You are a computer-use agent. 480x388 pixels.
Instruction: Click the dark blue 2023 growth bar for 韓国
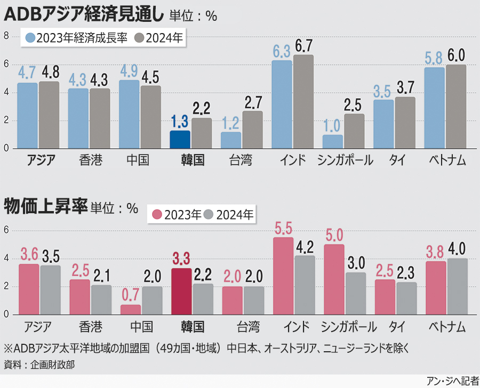click(x=180, y=140)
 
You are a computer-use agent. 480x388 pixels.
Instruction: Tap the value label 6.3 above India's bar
click(x=281, y=51)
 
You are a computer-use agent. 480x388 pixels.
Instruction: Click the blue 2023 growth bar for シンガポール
click(x=333, y=142)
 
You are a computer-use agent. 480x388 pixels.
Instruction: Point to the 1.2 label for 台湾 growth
click(x=230, y=123)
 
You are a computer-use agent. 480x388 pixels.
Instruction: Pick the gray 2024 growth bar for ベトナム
click(x=456, y=107)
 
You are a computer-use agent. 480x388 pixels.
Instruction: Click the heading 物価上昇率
click(x=45, y=206)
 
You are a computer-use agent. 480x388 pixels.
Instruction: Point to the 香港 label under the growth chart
click(x=90, y=160)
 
